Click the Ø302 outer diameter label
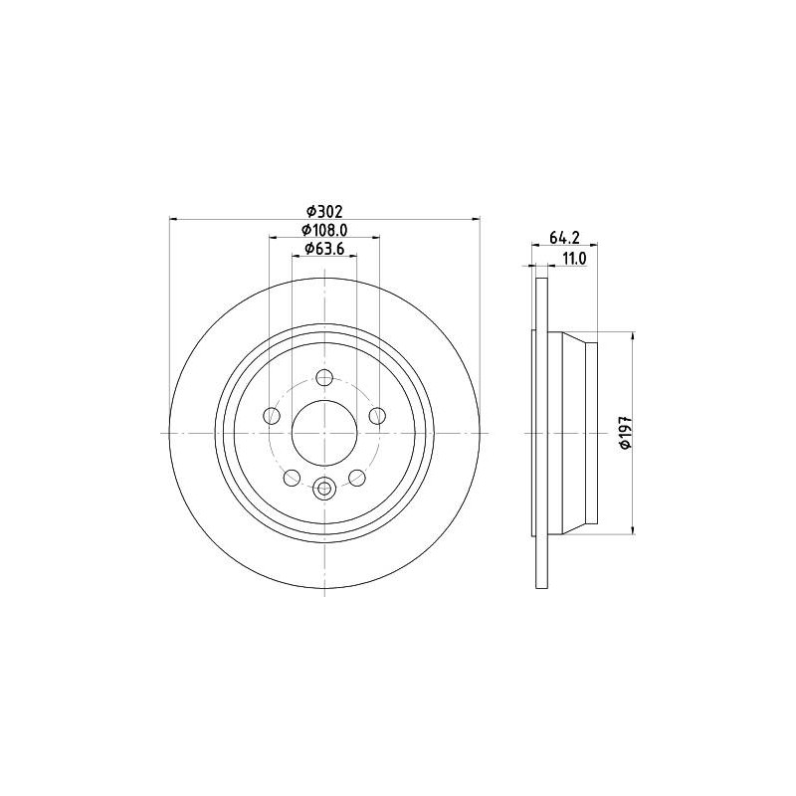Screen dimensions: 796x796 [325, 210]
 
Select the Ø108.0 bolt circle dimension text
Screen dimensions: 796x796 [325, 230]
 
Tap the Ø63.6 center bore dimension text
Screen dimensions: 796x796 [325, 249]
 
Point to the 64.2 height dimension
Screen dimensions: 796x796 [564, 237]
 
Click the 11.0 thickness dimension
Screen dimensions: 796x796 [574, 259]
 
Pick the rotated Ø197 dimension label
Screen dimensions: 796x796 [626, 432]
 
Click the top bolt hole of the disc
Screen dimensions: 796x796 [324, 378]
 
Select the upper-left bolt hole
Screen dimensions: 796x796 [272, 416]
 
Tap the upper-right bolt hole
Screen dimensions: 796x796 [377, 416]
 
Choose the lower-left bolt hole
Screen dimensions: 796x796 [292, 478]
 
